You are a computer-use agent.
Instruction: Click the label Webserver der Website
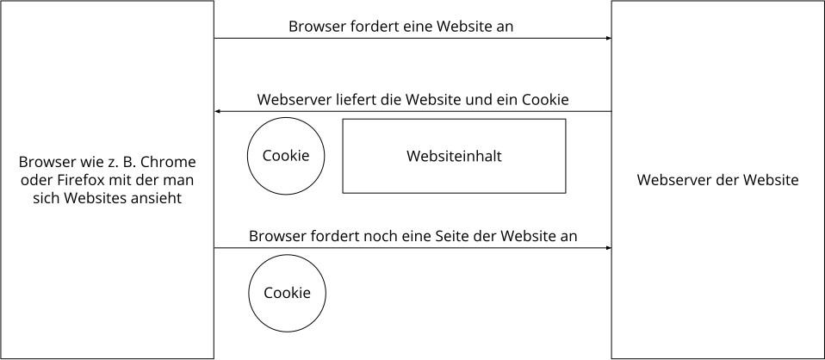click(717, 180)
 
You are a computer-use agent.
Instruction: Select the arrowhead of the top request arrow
click(608, 38)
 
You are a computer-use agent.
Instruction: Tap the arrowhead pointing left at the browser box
click(217, 112)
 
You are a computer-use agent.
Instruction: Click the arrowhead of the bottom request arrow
click(608, 247)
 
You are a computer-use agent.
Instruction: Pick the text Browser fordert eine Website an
click(401, 27)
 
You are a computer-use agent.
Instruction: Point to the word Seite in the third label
click(452, 236)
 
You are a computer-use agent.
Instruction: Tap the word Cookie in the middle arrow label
click(546, 100)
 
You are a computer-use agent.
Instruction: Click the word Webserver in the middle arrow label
click(294, 100)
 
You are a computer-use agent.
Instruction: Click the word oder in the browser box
click(29, 180)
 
